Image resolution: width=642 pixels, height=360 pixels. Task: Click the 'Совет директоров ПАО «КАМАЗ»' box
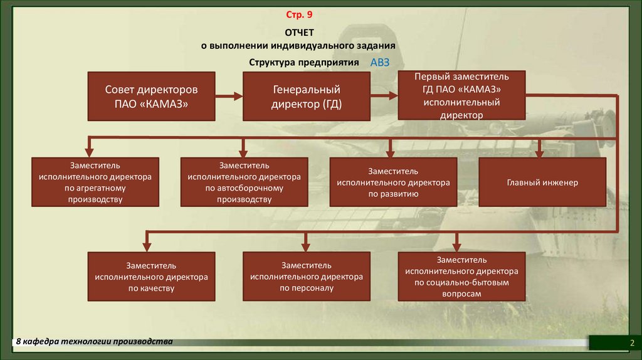coord(151,96)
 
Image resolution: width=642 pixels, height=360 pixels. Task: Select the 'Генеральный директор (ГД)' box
coord(306,96)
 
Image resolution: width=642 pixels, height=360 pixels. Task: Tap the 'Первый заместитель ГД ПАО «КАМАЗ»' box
coord(461,95)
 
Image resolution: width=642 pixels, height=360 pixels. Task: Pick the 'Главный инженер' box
coord(542,182)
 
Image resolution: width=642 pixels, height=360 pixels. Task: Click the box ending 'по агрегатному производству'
coord(95,182)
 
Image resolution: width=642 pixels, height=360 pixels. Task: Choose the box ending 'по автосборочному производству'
coord(244,182)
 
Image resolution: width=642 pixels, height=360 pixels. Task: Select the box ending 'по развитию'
coord(393,182)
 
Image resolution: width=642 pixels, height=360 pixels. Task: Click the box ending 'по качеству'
coord(151,277)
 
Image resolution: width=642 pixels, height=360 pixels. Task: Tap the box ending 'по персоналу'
coord(306,277)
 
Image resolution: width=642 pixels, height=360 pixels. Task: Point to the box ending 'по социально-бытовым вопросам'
coord(461,277)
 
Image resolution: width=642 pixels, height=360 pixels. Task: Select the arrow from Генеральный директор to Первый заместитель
coord(384,96)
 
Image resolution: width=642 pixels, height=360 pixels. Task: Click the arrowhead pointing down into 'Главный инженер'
coord(539,152)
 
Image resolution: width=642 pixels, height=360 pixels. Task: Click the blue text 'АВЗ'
coord(380,63)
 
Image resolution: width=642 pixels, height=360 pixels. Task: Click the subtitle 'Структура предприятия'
coord(303,63)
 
